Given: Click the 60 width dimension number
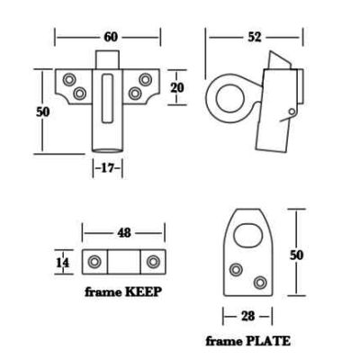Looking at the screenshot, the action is (x=111, y=37).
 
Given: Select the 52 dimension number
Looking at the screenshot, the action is (x=255, y=37).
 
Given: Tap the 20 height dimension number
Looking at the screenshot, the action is (x=177, y=87).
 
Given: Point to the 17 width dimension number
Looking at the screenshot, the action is (x=107, y=168).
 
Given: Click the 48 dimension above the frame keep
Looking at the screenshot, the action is (x=124, y=232).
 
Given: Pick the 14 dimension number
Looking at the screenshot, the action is (x=63, y=263).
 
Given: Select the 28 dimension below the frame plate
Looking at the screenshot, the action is (x=247, y=316).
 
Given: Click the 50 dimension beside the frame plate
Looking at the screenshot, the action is (x=296, y=255).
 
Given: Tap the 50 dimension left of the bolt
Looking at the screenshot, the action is (x=42, y=112).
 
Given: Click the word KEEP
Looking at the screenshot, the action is (x=143, y=292).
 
